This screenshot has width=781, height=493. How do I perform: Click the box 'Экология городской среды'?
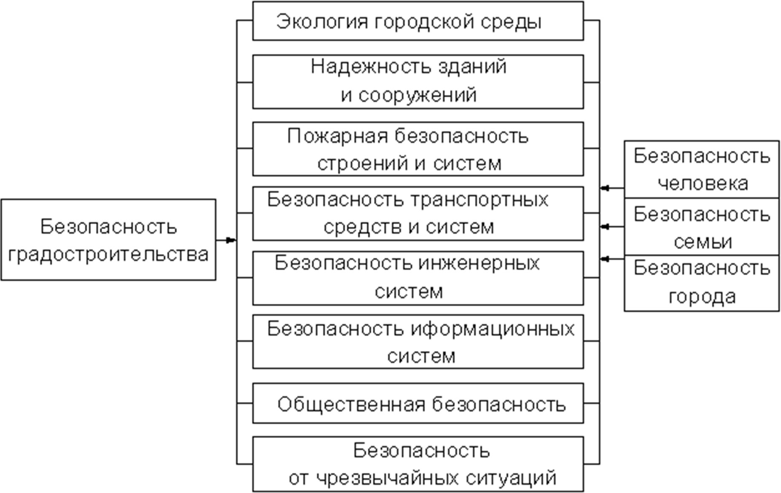click(417, 21)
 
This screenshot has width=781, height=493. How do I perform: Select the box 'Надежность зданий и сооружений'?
click(417, 81)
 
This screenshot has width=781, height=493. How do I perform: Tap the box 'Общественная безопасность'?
click(417, 403)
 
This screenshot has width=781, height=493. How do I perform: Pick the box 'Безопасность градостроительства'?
click(108, 240)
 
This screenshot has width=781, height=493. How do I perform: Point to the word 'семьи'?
click(703, 242)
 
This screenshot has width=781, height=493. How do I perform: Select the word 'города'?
click(703, 296)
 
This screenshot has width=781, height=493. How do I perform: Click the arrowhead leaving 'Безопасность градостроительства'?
click(231, 240)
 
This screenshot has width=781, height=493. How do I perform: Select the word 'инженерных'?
click(479, 263)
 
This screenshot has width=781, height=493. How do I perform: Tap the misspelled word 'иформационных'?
click(493, 329)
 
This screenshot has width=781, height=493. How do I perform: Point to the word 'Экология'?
click(322, 21)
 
